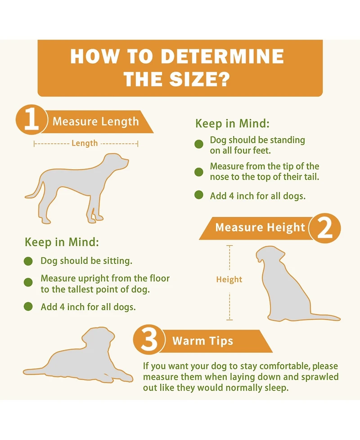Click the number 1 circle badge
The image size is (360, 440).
coord(31,120)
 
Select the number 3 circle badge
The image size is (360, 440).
coord(148,340)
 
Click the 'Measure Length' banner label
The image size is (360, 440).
coord(95,122)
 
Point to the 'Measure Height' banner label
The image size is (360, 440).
coord(260,227)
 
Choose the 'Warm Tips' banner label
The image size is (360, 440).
coord(202,341)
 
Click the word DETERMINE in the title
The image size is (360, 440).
coord(222,56)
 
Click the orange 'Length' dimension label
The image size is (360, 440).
coord(85,143)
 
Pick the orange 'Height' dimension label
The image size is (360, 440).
coord(229,279)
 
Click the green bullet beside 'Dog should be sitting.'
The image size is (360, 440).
coord(28,261)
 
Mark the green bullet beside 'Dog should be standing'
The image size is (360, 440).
coord(199,144)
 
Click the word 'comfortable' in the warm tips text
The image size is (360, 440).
coord(284,366)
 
